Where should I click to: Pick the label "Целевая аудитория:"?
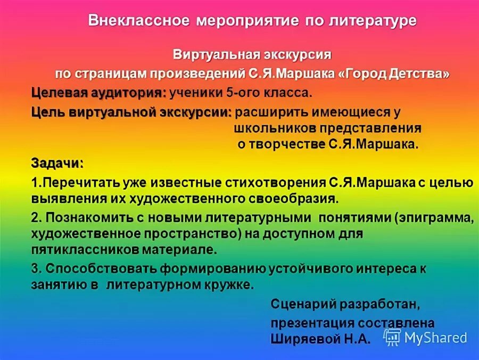pyautogui.click(x=98, y=93)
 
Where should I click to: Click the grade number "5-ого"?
pyautogui.click(x=242, y=93)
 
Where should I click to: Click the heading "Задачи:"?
pyautogui.click(x=57, y=162)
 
